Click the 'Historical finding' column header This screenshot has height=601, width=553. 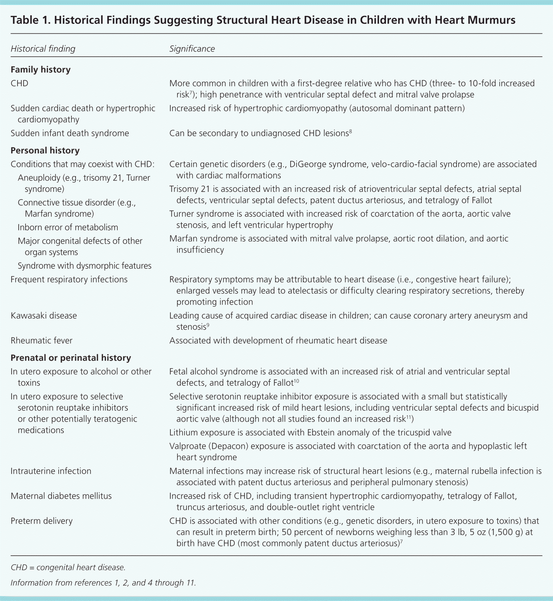tap(43, 49)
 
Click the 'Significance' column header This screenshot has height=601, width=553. tap(192, 49)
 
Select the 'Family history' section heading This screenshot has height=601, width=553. tap(41, 70)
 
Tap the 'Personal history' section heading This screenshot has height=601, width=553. tap(45, 150)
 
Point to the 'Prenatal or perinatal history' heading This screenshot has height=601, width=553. tap(71, 358)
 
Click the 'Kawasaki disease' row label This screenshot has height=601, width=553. tap(44, 316)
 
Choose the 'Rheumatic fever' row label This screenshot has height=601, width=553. tap(41, 340)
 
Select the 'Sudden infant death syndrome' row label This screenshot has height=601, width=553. tap(70, 133)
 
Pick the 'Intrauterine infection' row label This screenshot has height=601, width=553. tap(51, 471)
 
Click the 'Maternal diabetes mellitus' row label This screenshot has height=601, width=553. tap(61, 496)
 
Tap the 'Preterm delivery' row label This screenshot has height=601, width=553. tap(42, 521)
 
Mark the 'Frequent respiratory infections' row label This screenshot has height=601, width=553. tap(69, 279)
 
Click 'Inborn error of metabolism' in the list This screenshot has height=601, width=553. tap(68, 227)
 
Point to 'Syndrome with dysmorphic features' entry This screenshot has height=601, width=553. tap(84, 266)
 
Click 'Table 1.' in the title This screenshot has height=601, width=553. tap(30, 20)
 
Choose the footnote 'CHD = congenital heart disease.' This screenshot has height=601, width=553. tap(68, 568)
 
